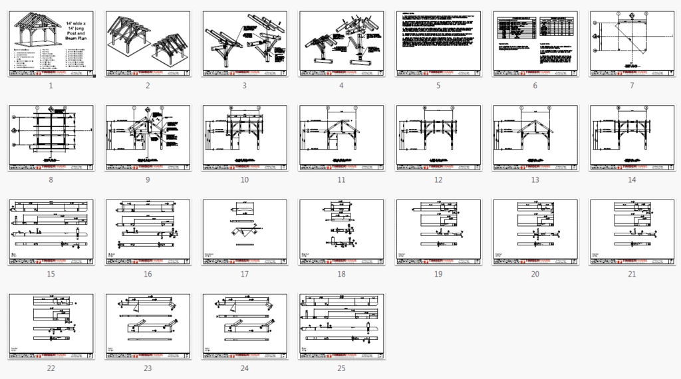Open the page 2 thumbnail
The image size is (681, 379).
(148, 44)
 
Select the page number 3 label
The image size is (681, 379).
(245, 86)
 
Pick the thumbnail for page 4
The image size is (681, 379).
(341, 44)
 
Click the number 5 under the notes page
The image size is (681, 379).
(438, 86)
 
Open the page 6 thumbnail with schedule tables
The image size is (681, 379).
(535, 44)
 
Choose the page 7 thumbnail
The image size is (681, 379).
(632, 44)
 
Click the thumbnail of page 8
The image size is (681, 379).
(51, 138)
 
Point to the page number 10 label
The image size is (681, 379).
(245, 180)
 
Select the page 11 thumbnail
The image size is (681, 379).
(341, 138)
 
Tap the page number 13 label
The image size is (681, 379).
(535, 180)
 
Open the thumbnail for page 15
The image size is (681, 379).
(51, 231)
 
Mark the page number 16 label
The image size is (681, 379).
(148, 274)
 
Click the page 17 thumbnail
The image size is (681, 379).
(245, 231)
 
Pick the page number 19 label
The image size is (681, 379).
(438, 274)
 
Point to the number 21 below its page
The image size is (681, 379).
(632, 274)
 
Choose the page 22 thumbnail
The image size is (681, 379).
(51, 326)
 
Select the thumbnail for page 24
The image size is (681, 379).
(245, 326)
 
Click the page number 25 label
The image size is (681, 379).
(341, 368)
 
